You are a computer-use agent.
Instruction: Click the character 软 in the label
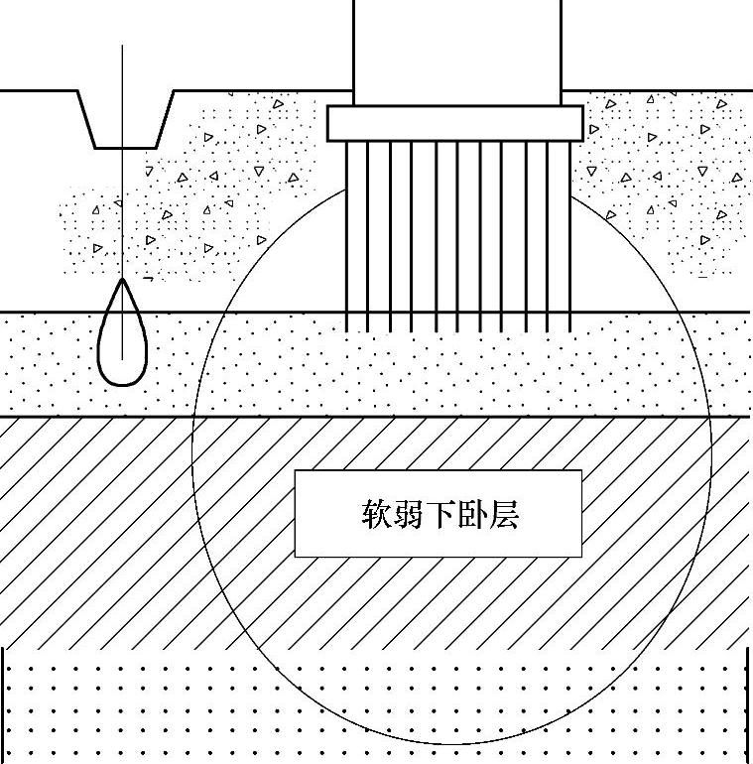coord(375,515)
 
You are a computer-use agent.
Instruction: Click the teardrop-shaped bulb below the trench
coord(122,337)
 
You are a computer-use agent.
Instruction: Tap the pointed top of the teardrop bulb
coord(122,281)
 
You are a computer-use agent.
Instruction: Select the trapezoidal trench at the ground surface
coord(125,117)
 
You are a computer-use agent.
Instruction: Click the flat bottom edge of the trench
coord(125,148)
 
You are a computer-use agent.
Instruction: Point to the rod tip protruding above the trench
coord(123,50)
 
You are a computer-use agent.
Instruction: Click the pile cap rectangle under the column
coord(454,123)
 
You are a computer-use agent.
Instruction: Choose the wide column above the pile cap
coord(456,50)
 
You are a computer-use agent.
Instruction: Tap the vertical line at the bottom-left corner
coord(5,704)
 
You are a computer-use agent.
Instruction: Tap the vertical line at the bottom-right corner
coord(747,704)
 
